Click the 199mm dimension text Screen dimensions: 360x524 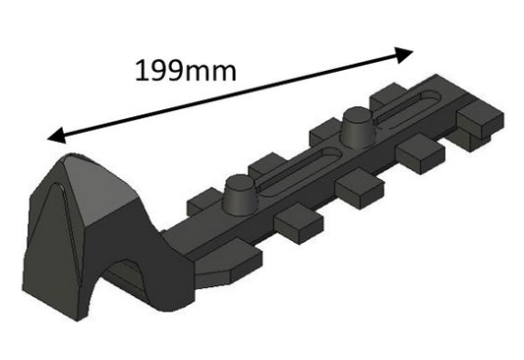pos(185,70)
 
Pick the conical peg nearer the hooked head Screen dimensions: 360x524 pos(239,194)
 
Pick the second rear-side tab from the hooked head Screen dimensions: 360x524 pos(265,163)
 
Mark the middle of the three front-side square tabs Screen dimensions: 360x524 pos(360,188)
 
